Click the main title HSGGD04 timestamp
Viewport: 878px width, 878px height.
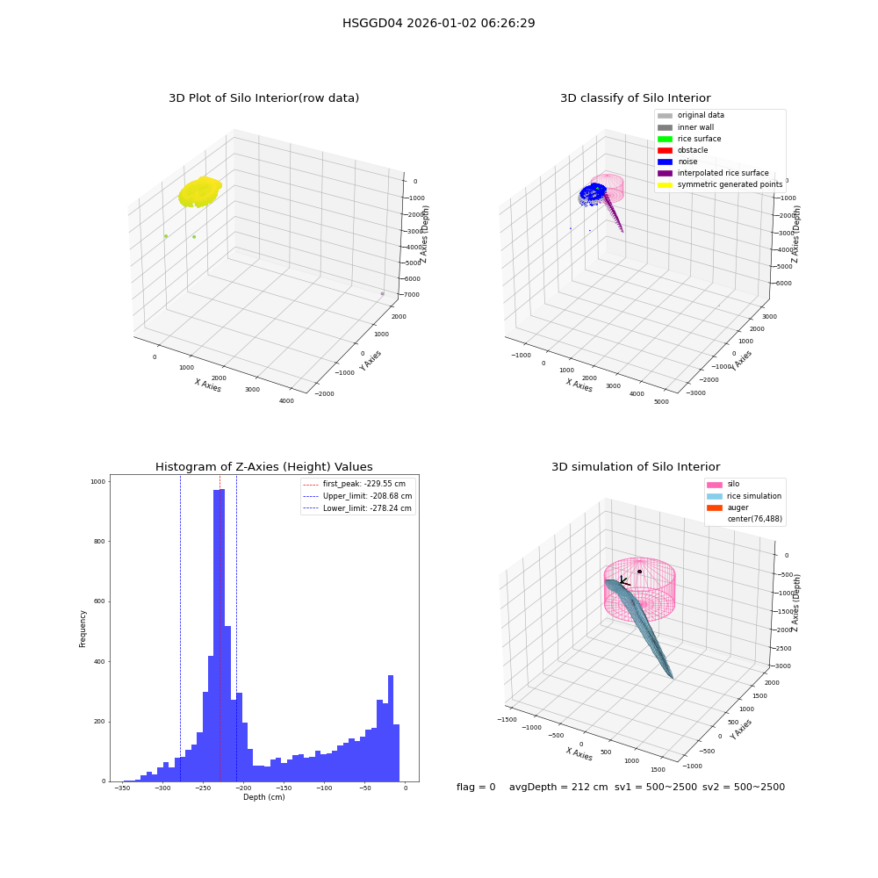pos(438,23)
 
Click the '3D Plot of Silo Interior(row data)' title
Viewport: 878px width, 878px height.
pos(263,98)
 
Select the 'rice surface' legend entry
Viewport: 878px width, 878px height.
pos(689,139)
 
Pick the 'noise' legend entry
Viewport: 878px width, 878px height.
pos(678,162)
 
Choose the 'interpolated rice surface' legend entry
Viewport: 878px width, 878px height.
pos(713,173)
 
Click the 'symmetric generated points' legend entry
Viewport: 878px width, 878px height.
pos(720,184)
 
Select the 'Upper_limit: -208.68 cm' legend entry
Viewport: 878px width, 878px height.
pos(357,496)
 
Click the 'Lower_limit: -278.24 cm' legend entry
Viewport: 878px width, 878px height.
pos(357,508)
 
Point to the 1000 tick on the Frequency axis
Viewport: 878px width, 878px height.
pos(98,481)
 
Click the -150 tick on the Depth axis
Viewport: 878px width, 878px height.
pos(284,788)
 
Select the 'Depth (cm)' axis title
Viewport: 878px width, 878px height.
pos(264,797)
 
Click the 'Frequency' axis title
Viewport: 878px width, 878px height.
pos(83,629)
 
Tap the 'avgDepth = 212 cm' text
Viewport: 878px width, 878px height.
pos(558,787)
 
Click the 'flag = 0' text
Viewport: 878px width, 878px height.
pos(476,787)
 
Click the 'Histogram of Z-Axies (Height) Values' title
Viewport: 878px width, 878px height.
pos(263,467)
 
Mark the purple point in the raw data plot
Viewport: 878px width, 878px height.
pos(383,293)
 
